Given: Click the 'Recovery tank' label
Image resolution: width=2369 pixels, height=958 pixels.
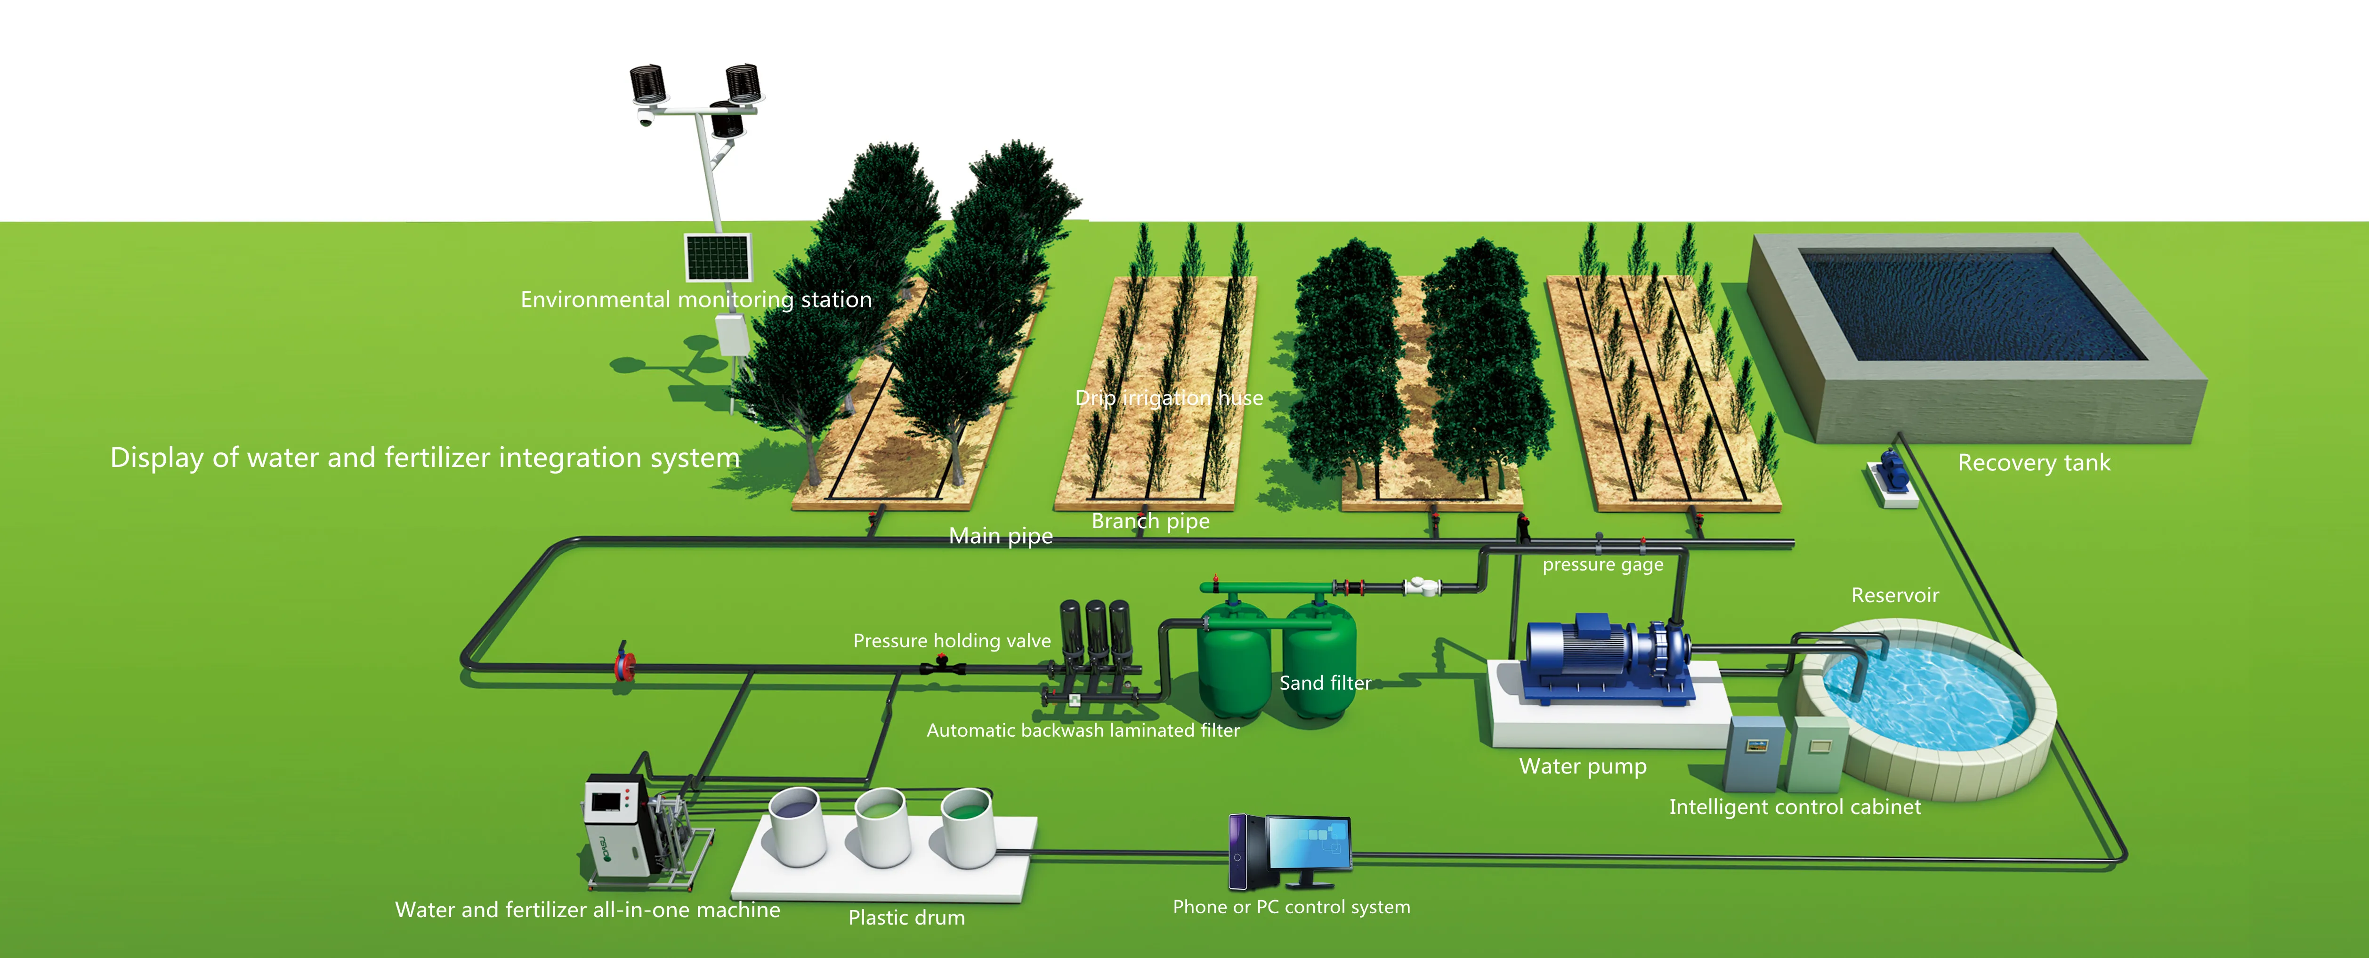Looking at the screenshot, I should coord(2033,462).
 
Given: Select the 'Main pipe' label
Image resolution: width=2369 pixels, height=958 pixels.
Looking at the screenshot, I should coord(1001,536).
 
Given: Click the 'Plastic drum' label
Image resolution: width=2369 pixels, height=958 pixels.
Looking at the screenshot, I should coord(906,918).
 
